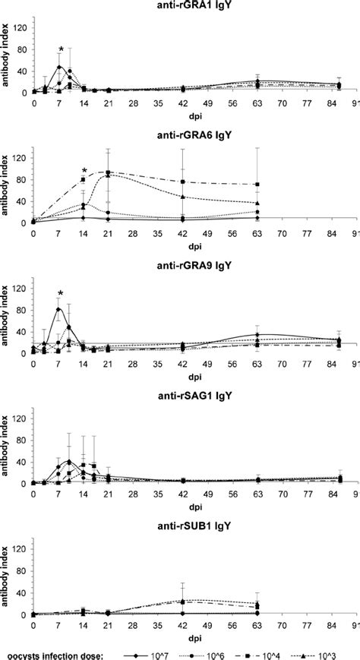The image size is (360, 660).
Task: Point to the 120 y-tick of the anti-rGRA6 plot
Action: point(21,157)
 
